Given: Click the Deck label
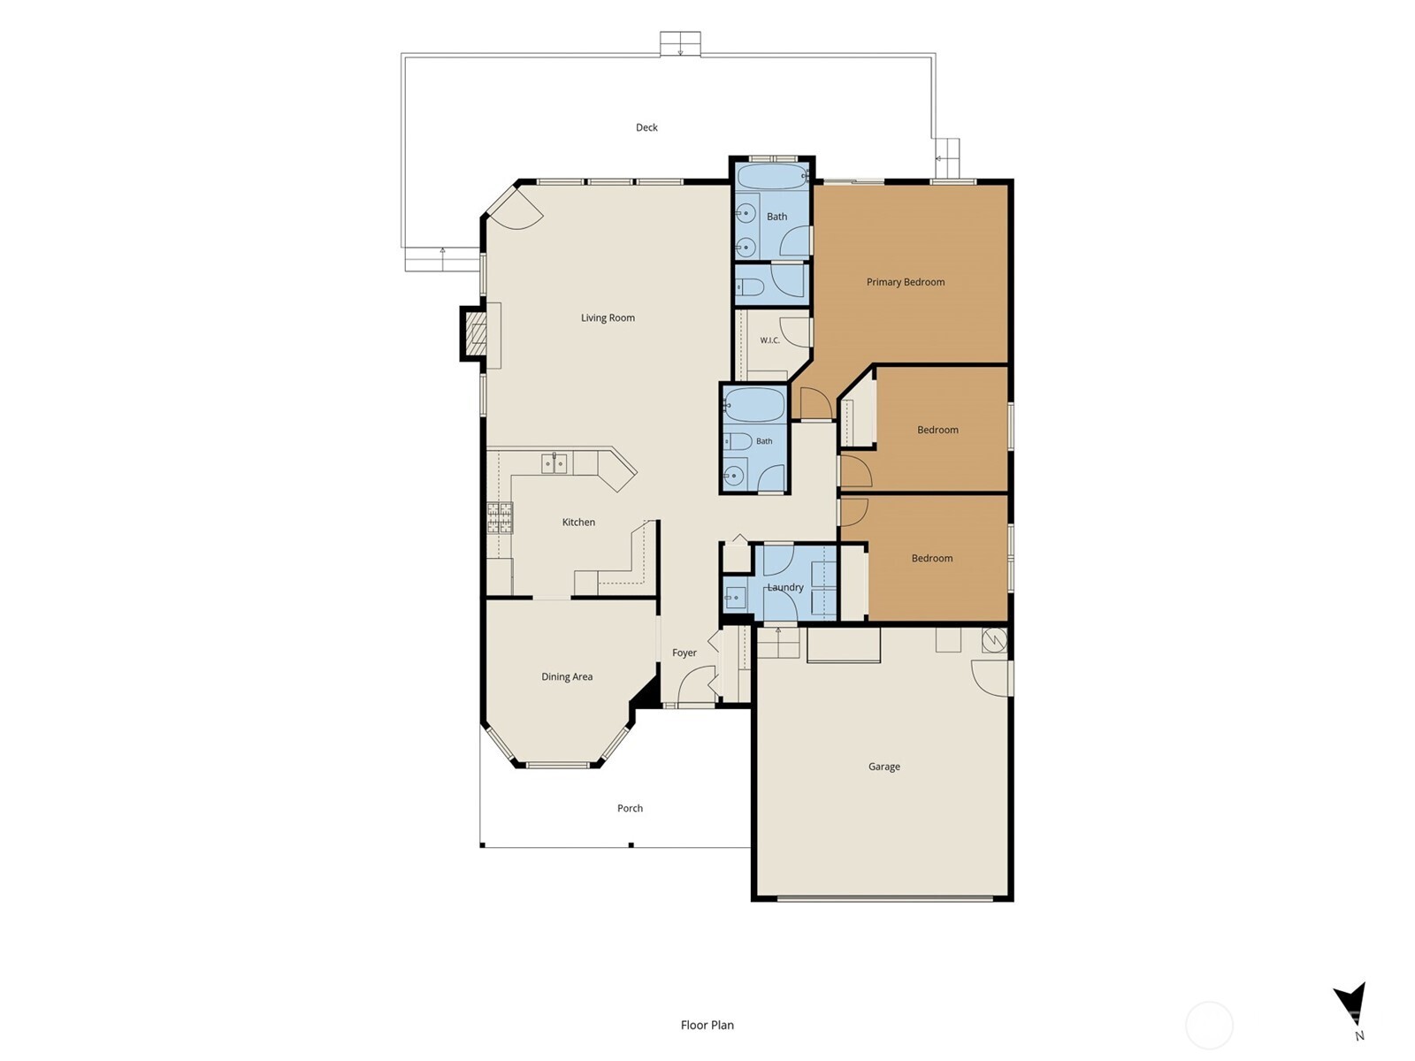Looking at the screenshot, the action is coord(646,127).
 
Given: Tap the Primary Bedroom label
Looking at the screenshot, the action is coord(905,282).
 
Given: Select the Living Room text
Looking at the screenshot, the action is coord(608,317).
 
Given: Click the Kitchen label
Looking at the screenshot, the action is coord(578,522).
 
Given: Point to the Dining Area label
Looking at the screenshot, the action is coord(567,676).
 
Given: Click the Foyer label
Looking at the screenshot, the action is coord(684,653).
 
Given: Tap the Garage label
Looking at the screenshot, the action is coord(883,767).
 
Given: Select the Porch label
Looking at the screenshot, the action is coord(630,808).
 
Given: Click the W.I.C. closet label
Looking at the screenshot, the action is coord(769,340).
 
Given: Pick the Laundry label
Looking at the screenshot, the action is coord(785,587).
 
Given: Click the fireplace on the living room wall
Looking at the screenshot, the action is coord(474,333).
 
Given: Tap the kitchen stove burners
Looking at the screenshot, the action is coord(500,518).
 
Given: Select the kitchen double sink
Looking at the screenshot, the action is coord(554,463).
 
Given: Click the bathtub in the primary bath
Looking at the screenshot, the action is coord(772,176).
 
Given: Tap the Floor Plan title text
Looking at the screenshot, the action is coord(707,1025).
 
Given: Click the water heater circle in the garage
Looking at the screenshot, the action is coord(994,641).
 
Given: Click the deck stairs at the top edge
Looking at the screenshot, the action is coord(680,44).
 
